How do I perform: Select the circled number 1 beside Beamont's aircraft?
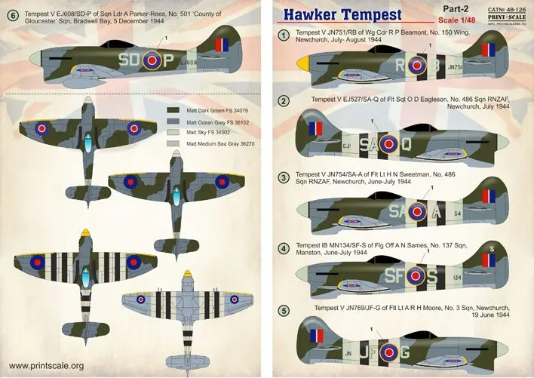(283, 35)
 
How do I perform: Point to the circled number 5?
(283, 309)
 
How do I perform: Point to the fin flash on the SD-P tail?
(222, 45)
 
